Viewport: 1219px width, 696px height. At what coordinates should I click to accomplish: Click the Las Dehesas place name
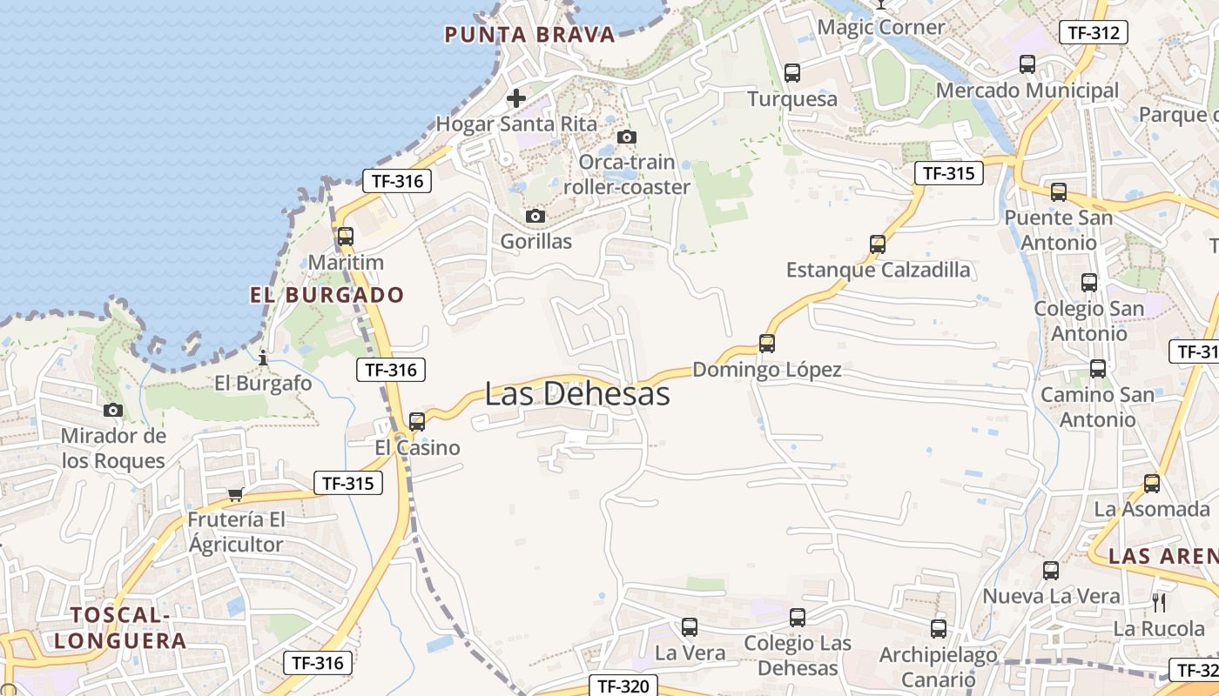pos(577,394)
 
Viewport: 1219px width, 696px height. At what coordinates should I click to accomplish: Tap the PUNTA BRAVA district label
pos(529,35)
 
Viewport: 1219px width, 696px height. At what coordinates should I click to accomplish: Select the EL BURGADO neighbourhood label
pos(327,295)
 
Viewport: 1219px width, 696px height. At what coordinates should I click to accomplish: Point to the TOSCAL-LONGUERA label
pos(120,628)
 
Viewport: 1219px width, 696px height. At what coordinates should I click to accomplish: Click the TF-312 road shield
pos(1093,33)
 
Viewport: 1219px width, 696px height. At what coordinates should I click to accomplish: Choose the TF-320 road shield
pos(623,686)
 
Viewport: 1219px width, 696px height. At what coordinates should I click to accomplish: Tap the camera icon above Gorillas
pos(535,216)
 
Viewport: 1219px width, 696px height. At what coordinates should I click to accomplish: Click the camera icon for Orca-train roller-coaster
pos(626,137)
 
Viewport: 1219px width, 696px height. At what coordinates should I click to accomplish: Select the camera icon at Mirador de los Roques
pos(112,410)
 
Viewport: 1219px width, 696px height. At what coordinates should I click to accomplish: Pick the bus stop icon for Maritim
pos(346,236)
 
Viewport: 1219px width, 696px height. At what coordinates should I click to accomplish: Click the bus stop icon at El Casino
pos(417,422)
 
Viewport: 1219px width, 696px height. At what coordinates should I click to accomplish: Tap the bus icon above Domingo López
pos(767,344)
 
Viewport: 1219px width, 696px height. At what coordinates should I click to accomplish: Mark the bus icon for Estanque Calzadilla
pos(878,244)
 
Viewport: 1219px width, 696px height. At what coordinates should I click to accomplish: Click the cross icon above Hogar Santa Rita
pos(516,97)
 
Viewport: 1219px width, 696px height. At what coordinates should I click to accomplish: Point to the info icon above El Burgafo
pos(263,358)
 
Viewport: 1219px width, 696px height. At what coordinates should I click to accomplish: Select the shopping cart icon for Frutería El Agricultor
pos(234,495)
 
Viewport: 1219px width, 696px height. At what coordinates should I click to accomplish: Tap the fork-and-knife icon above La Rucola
pos(1159,602)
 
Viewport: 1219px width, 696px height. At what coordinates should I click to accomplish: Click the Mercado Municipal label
pos(1027,90)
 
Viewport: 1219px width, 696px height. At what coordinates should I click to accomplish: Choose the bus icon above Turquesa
pos(791,73)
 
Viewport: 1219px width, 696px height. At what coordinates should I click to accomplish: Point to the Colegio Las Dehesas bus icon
pos(798,618)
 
